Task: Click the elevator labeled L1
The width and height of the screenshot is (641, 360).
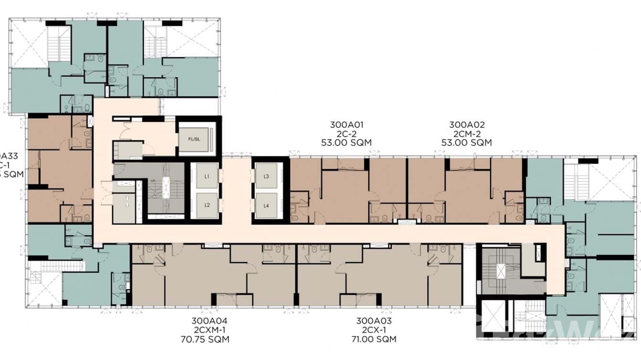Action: coord(207,176)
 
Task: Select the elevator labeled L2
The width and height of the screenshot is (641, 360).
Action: coord(207,205)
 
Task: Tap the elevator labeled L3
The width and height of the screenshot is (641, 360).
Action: coord(267,176)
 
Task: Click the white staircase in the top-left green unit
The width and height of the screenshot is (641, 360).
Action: coord(59,43)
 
